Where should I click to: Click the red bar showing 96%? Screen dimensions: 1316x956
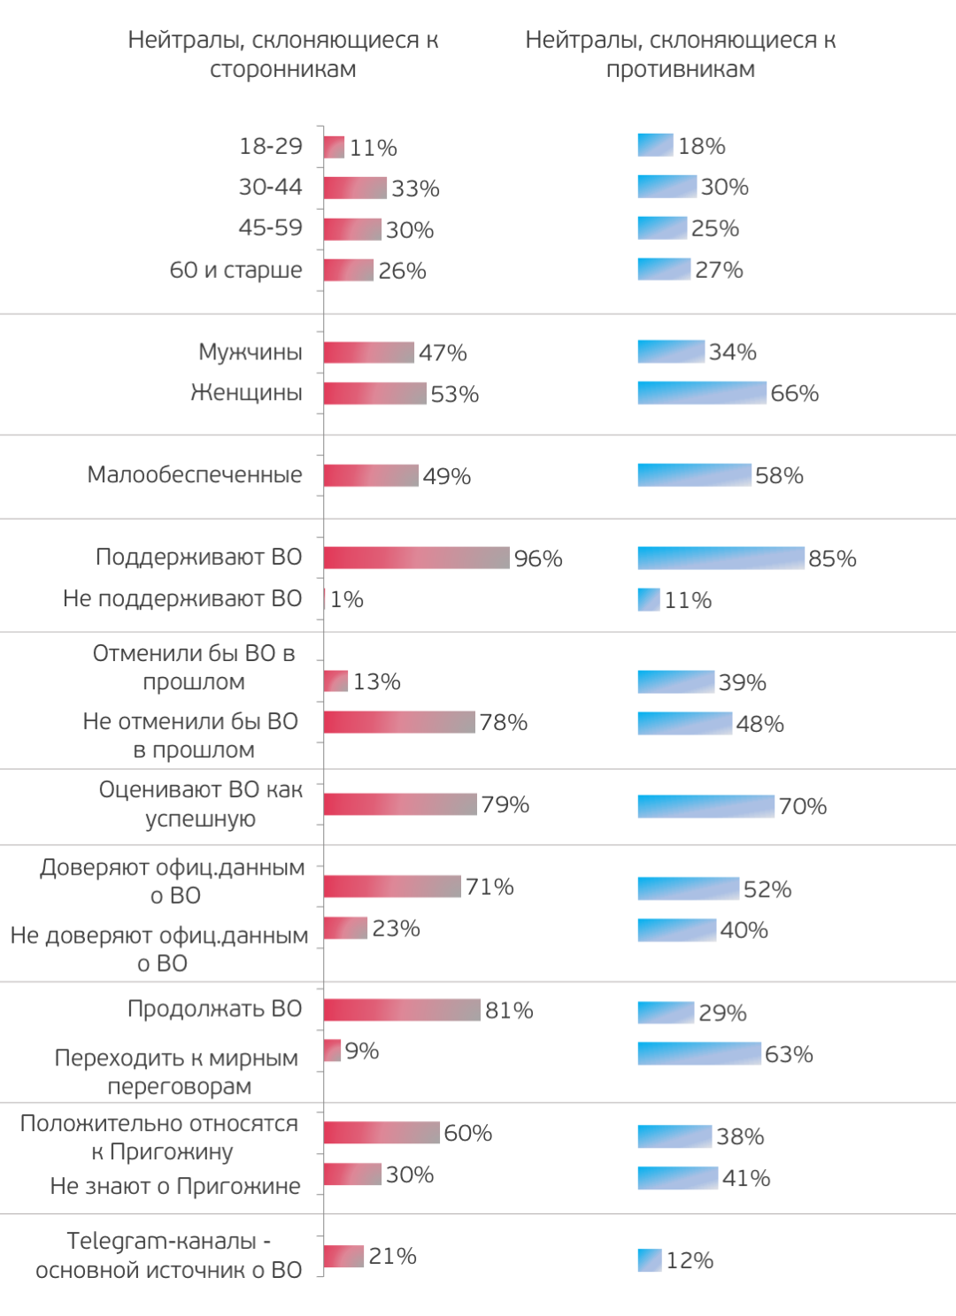tap(416, 558)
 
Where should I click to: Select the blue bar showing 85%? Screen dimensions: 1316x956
tap(721, 558)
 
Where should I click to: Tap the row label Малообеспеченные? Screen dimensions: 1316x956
tap(195, 475)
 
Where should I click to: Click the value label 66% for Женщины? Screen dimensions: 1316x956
tap(794, 393)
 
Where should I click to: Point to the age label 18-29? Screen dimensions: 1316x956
tap(270, 146)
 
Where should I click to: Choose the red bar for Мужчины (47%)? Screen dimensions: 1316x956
tap(368, 352)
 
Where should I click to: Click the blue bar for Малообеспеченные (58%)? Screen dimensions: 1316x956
tap(694, 475)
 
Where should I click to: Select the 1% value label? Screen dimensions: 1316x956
tap(346, 599)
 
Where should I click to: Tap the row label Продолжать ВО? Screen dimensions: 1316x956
tap(214, 1009)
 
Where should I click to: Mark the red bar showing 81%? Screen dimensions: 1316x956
tap(402, 1010)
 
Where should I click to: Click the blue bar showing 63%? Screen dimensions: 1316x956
tap(698, 1053)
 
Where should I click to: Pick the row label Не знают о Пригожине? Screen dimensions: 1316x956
tap(175, 1186)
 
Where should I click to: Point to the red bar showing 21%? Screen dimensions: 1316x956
tap(343, 1256)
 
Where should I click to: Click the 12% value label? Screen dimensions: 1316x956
tap(690, 1260)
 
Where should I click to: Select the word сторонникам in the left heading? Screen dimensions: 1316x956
tap(282, 69)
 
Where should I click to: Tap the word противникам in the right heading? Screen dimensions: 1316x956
tap(680, 69)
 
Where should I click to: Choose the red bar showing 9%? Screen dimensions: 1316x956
tap(332, 1050)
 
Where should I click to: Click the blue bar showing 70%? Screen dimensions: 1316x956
tap(705, 806)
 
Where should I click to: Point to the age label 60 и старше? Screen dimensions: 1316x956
tap(235, 270)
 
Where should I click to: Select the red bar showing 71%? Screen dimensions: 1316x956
tap(392, 886)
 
